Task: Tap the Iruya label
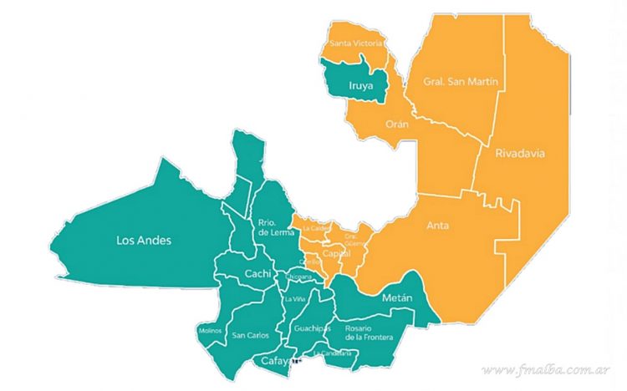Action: point(361,84)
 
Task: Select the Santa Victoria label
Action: point(357,42)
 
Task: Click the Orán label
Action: point(396,124)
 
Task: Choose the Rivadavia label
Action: point(518,154)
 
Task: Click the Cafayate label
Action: point(279,361)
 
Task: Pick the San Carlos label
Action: point(250,336)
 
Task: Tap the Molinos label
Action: point(211,331)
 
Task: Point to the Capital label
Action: point(336,252)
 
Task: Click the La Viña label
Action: point(295,299)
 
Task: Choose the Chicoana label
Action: point(299,277)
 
